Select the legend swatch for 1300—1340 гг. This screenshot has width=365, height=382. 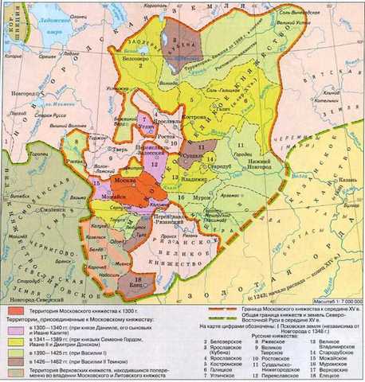pos(14,326)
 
